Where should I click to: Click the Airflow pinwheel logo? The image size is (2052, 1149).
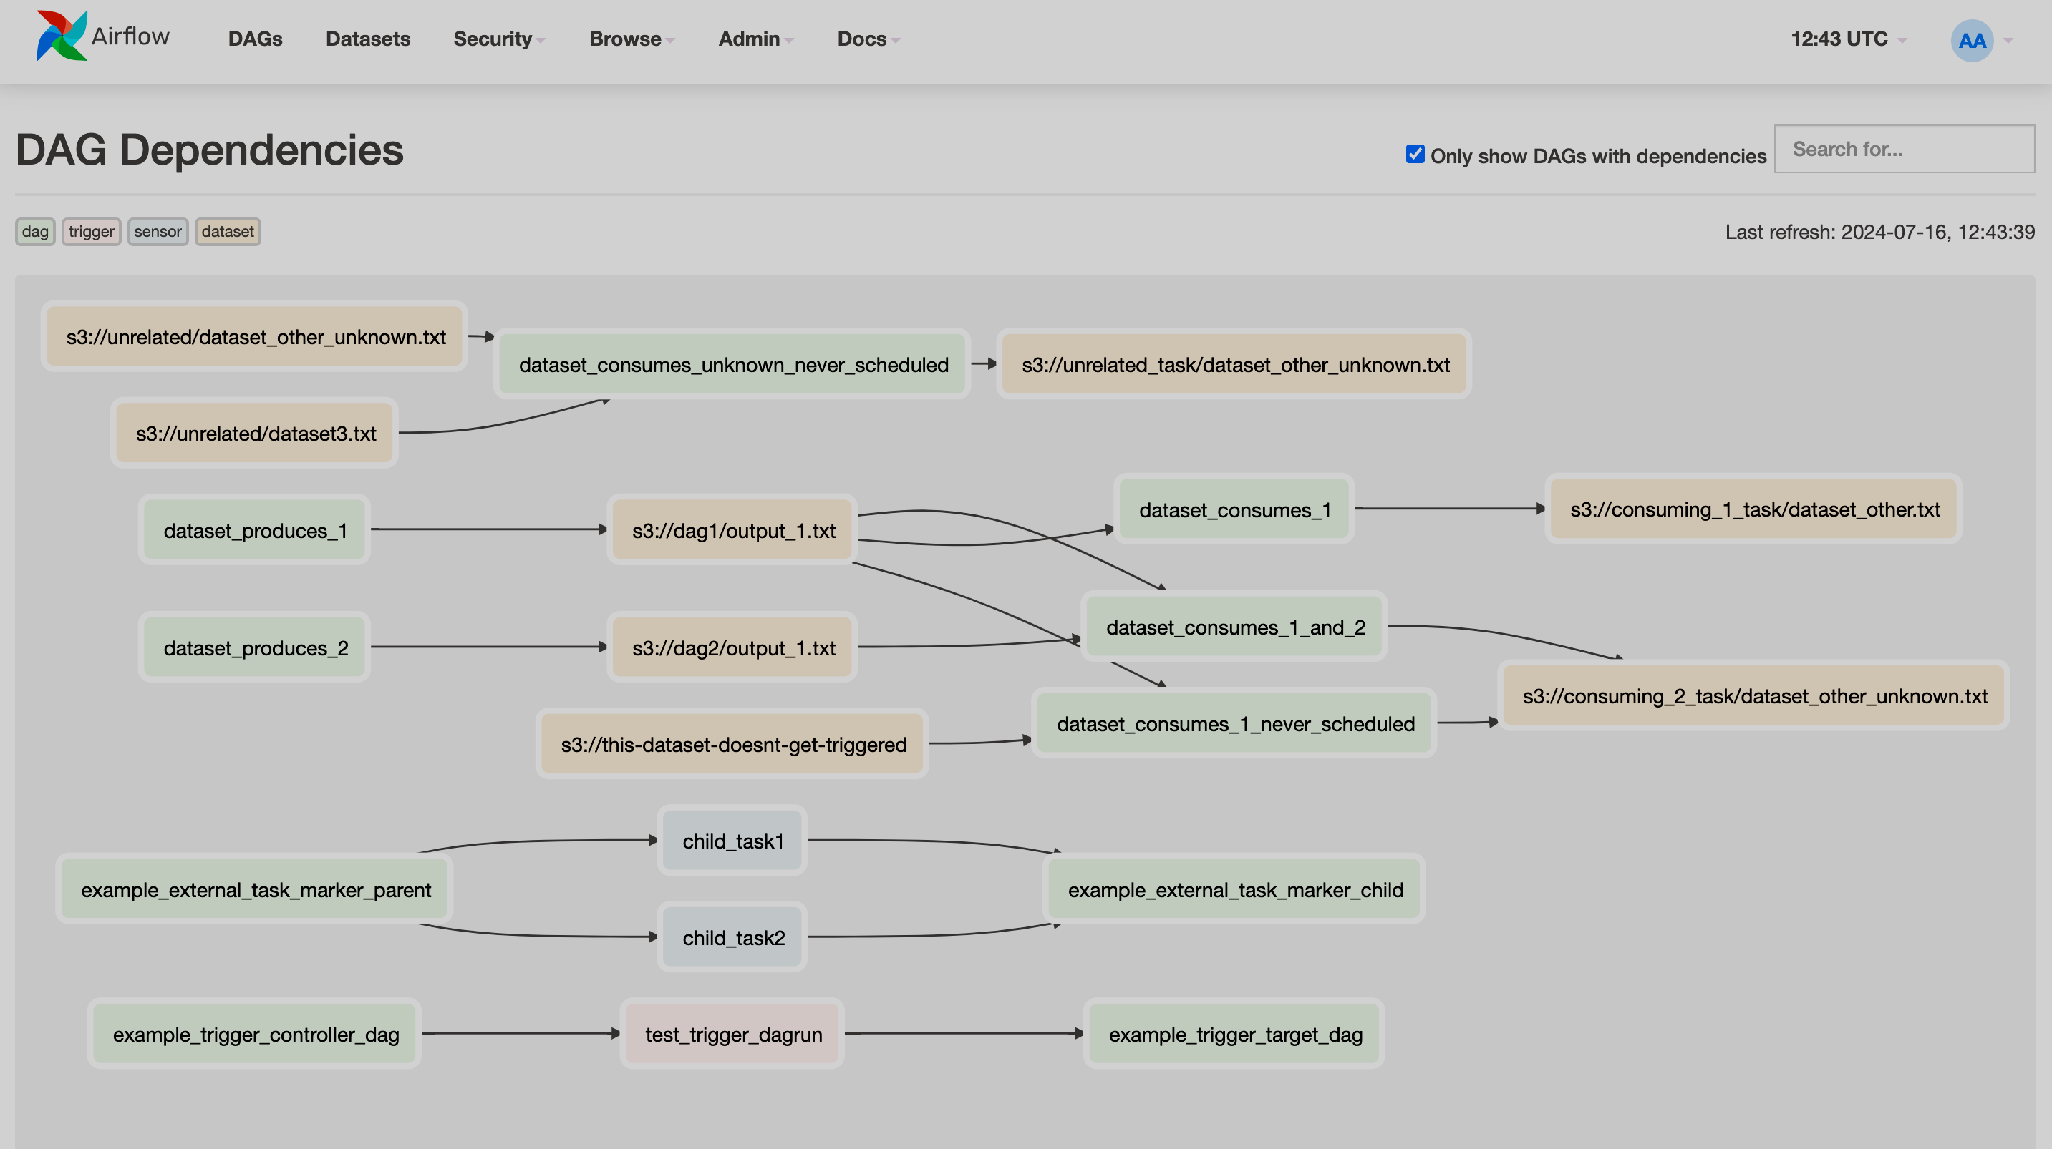coord(61,36)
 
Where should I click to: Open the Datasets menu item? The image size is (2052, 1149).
coord(367,39)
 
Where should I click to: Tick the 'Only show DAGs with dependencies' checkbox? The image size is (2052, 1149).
coord(1415,154)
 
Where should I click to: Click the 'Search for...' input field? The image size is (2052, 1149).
coord(1903,149)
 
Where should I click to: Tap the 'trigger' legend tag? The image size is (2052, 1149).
coord(91,232)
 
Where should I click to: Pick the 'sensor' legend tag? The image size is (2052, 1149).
coord(158,232)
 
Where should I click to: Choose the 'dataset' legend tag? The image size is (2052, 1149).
coord(227,232)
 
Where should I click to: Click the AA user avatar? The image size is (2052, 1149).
coord(1972,41)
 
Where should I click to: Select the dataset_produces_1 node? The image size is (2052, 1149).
coord(255,530)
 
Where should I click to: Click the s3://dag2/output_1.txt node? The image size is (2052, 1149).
coord(733,647)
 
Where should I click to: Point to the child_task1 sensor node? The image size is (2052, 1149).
coord(733,841)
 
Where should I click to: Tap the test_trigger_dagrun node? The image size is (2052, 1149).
coord(733,1034)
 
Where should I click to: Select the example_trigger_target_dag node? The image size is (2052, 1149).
coord(1234,1034)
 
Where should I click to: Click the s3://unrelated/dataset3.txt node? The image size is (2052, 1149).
coord(255,433)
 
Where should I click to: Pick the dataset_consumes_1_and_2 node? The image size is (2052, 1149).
coord(1234,627)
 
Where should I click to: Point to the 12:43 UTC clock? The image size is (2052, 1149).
coord(1839,39)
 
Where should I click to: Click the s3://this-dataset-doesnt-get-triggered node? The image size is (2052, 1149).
coord(733,745)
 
